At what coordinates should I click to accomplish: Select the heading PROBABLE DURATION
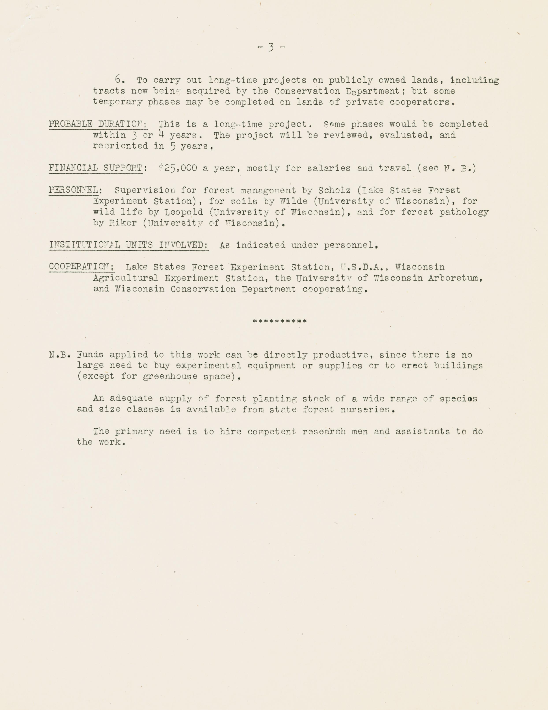[98, 124]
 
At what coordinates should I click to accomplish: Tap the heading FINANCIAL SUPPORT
[96, 168]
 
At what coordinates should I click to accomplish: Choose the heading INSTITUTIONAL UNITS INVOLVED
[129, 245]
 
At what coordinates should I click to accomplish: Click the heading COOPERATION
[81, 267]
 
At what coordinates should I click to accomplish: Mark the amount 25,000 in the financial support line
[180, 168]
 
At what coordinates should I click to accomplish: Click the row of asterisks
[280, 322]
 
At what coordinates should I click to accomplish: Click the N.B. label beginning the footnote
[59, 355]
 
